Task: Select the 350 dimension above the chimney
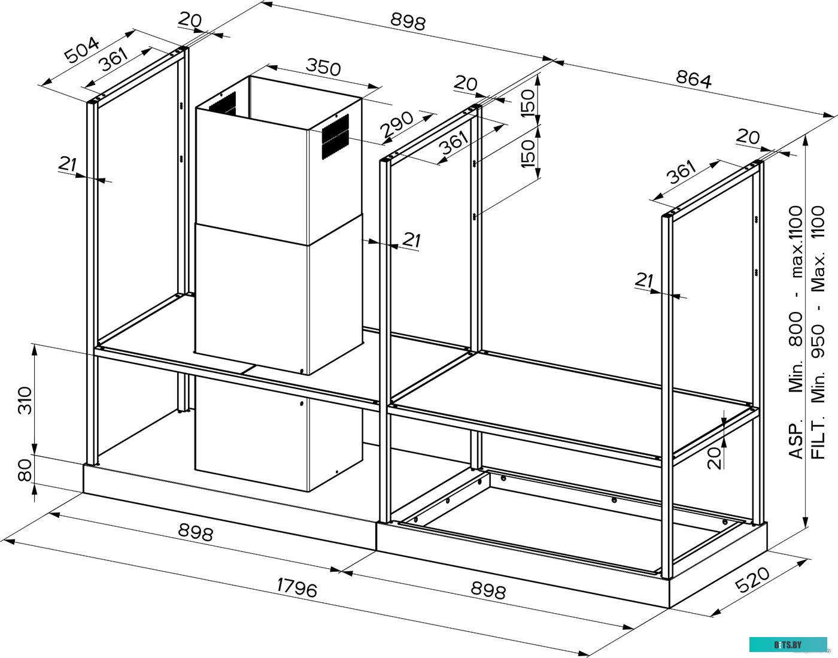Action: coord(323,66)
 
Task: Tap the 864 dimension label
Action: coord(694,79)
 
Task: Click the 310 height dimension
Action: coord(24,401)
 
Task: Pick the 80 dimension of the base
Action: coord(24,471)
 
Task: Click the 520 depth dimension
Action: coord(752,580)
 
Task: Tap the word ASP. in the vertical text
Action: coord(796,441)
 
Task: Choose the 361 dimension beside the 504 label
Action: coord(113,60)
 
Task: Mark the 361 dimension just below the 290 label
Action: coord(453,143)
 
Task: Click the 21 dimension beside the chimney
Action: coord(411,240)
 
